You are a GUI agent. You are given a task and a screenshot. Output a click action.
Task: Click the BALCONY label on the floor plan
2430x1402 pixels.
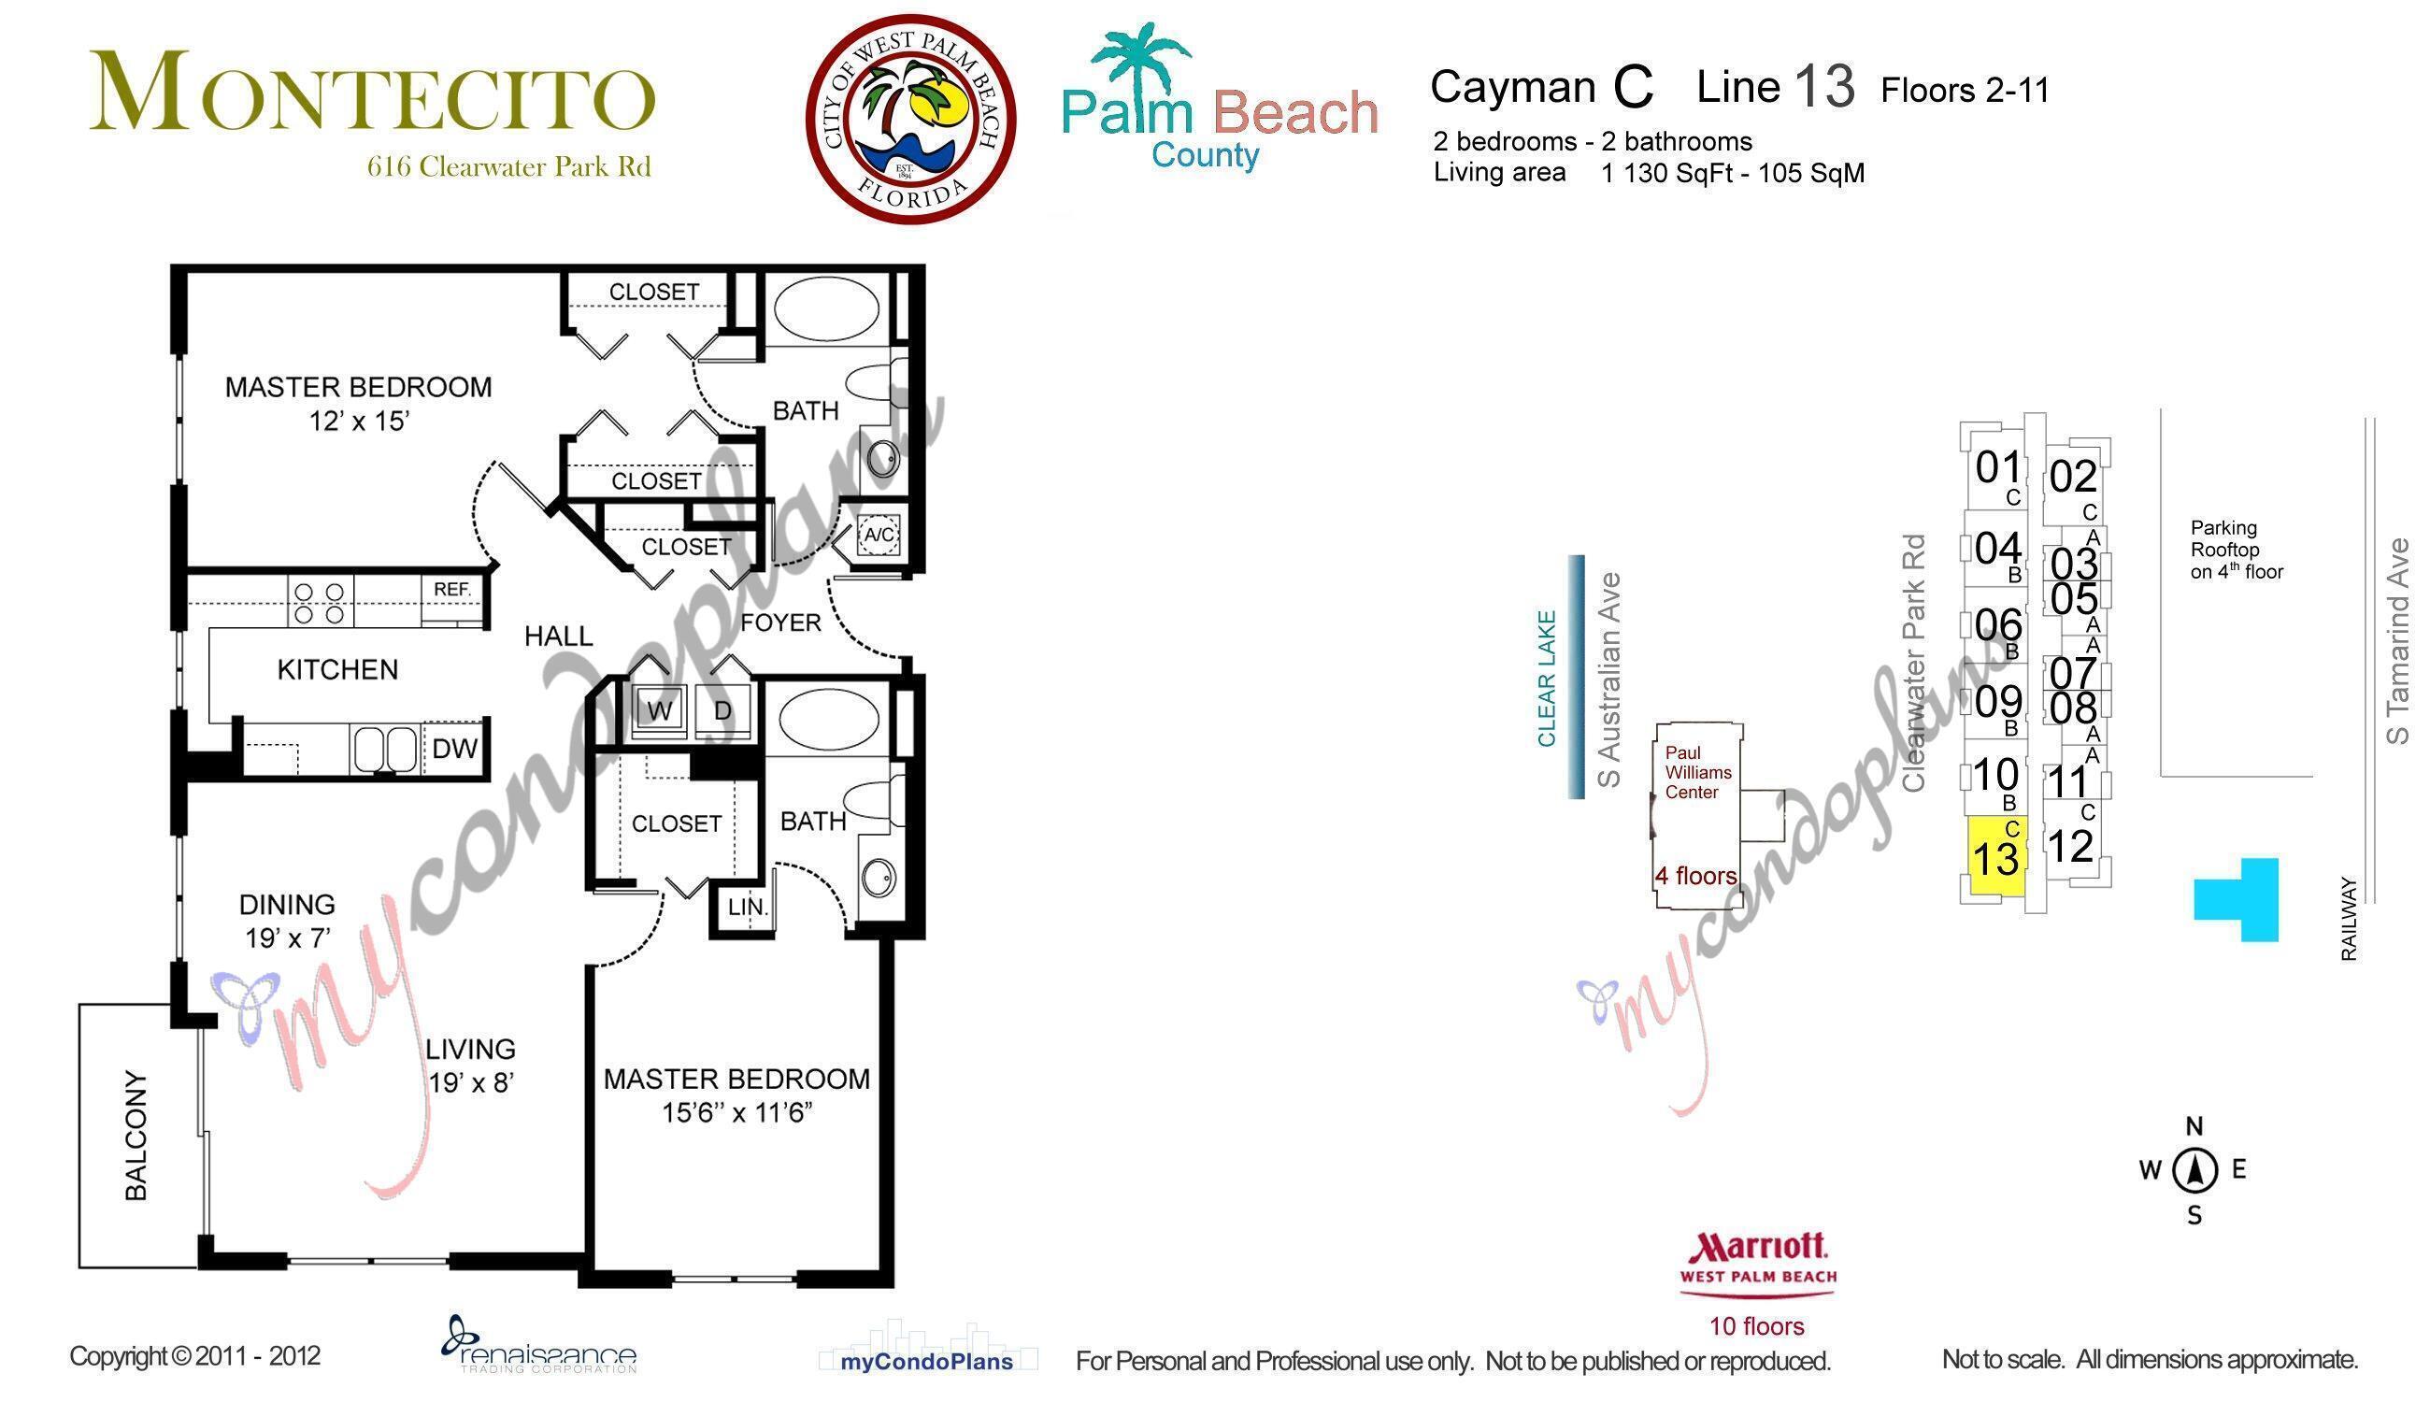click(x=136, y=1136)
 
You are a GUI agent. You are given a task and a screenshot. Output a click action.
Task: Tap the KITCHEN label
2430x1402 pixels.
click(x=337, y=670)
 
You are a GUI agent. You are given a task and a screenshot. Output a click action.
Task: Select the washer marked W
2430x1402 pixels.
click(x=660, y=711)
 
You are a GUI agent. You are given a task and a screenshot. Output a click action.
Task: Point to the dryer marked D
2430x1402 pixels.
click(x=723, y=711)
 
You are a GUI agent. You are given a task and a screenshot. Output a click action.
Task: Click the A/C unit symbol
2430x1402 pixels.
click(x=879, y=536)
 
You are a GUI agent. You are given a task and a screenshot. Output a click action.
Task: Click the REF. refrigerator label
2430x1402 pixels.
click(x=451, y=589)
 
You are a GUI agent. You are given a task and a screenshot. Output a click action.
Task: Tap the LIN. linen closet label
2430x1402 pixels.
click(x=747, y=907)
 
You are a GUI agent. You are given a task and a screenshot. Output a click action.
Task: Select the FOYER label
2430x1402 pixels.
click(x=780, y=623)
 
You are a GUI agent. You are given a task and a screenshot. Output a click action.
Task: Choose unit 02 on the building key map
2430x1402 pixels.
click(x=2073, y=478)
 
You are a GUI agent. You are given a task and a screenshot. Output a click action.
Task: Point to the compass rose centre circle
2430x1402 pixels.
click(x=2195, y=1170)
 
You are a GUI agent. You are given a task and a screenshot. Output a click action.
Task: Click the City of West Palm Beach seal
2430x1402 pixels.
click(x=910, y=119)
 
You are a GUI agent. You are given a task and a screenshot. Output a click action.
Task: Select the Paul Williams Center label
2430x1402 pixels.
click(x=1698, y=772)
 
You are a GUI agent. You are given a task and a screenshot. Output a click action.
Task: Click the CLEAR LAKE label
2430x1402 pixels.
click(x=1547, y=678)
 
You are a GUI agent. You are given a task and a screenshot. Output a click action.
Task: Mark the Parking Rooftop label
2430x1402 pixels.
click(x=2236, y=550)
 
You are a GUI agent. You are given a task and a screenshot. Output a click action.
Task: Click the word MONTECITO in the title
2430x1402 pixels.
click(x=373, y=94)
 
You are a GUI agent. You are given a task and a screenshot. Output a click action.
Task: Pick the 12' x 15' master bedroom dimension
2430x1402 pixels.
click(x=359, y=422)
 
